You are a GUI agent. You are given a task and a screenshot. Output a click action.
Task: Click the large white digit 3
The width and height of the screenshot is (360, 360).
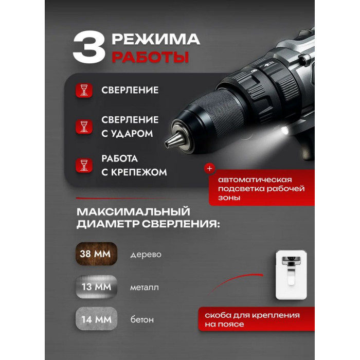(x=89, y=47)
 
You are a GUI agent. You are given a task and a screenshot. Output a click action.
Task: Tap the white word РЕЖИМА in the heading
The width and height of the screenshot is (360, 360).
(x=156, y=39)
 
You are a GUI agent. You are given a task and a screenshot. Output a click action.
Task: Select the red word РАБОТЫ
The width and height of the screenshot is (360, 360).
(x=150, y=57)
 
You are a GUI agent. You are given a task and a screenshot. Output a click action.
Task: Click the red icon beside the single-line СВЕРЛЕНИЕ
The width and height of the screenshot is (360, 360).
(x=84, y=90)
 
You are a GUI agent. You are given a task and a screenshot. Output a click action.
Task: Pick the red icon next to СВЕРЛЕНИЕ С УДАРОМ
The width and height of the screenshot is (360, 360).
(x=84, y=127)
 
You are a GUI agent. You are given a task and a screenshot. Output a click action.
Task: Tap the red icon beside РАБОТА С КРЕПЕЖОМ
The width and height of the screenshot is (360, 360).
(x=84, y=165)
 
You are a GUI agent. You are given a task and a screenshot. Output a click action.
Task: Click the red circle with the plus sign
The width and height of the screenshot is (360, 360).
(x=210, y=169)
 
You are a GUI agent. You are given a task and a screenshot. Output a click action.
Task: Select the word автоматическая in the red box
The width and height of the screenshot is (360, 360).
(x=255, y=179)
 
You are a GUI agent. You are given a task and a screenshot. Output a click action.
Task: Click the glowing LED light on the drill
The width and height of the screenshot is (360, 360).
(x=285, y=131)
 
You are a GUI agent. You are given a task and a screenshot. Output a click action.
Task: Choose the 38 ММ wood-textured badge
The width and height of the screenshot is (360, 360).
(x=97, y=254)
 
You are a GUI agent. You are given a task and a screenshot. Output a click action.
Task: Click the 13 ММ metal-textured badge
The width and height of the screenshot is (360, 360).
(x=97, y=287)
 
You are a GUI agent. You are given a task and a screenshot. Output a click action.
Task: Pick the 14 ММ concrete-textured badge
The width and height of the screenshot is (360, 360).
(x=97, y=319)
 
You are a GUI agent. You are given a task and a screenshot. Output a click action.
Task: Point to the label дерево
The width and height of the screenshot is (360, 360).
(x=146, y=255)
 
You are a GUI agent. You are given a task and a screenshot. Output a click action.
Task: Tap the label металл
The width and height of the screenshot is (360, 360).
(x=145, y=287)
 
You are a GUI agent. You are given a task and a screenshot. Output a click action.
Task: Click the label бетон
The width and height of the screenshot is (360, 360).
(x=142, y=319)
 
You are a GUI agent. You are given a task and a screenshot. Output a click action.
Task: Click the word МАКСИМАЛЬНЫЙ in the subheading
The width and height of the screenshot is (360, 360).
(x=133, y=211)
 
